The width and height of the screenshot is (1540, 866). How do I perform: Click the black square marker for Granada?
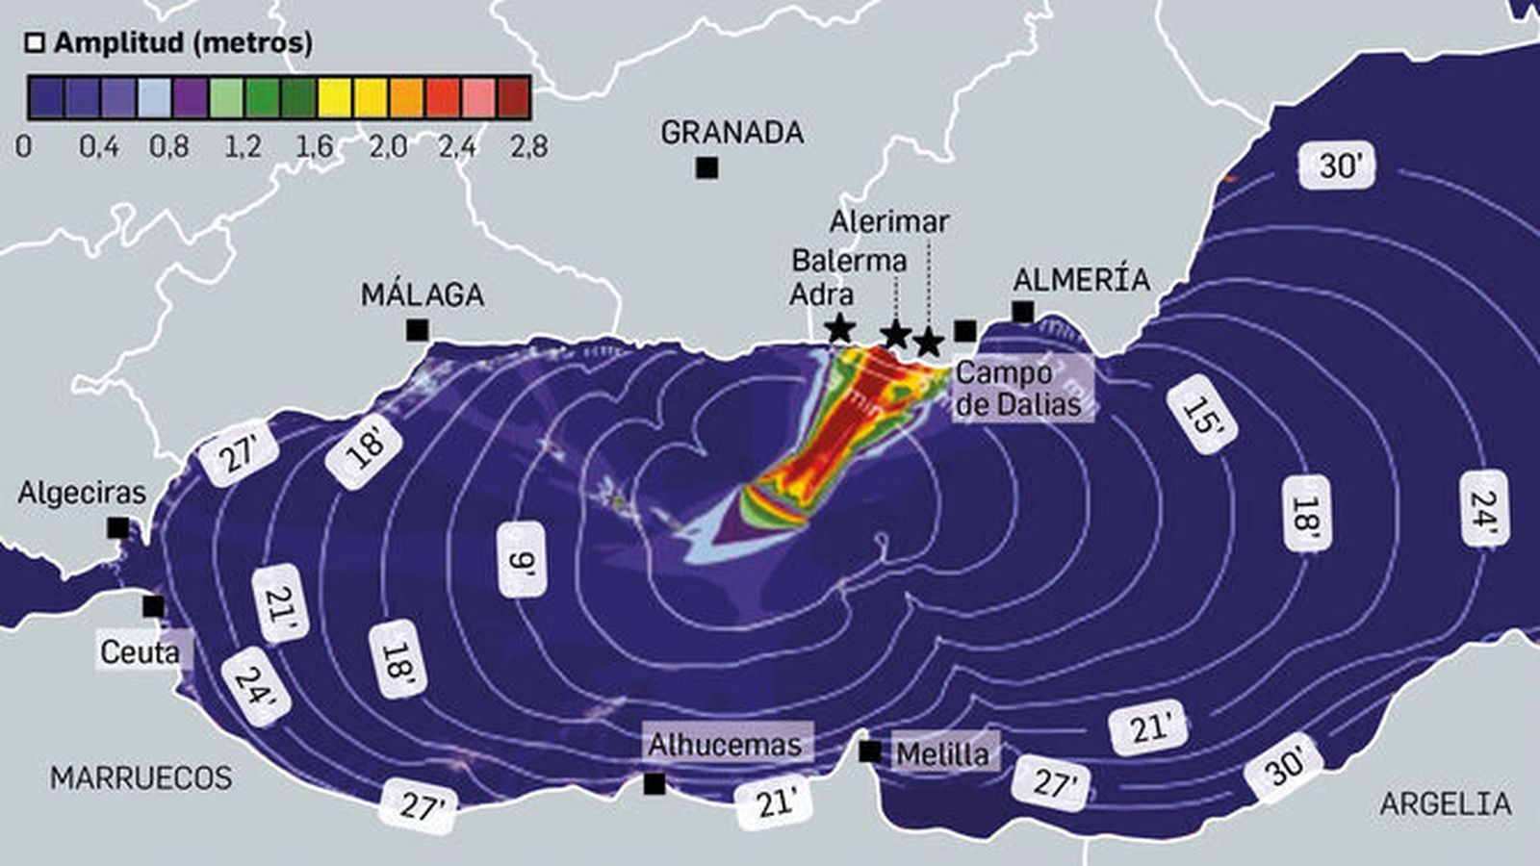706,168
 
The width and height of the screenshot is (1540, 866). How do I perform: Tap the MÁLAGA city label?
423,295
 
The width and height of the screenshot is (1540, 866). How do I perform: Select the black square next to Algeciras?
118,527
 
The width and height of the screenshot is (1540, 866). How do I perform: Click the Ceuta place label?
141,652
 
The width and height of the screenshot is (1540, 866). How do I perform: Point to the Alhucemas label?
724,745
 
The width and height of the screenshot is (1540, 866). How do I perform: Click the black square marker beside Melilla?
869,751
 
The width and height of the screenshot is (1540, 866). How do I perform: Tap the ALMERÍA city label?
1081,280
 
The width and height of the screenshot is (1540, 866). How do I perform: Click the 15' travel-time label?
1202,414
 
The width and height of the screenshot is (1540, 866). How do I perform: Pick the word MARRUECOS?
141,777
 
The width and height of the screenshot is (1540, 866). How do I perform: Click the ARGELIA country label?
1446,803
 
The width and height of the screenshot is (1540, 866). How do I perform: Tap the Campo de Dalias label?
1018,388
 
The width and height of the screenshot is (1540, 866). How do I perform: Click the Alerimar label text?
889,221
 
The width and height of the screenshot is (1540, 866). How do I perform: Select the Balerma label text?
849,261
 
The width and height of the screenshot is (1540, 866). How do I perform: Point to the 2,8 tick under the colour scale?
529,146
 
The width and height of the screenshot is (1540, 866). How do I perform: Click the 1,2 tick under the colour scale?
243,146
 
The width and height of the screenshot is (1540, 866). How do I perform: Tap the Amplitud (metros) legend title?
183,43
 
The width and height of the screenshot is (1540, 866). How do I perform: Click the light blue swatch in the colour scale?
154,97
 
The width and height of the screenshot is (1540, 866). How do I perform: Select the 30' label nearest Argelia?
1284,766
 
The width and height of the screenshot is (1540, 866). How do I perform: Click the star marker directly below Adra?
839,329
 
